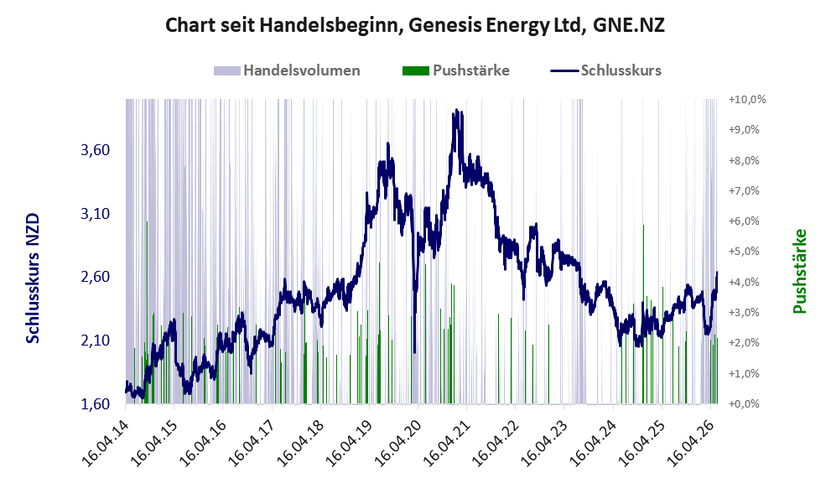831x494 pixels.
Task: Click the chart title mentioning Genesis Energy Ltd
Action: click(415, 25)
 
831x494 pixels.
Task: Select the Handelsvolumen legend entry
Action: click(287, 70)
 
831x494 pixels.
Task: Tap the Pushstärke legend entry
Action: click(456, 70)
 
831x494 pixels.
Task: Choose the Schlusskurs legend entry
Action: click(605, 70)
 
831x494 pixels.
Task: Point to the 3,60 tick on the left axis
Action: click(96, 150)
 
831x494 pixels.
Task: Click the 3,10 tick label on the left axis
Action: click(96, 214)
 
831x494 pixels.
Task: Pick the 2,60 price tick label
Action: click(96, 277)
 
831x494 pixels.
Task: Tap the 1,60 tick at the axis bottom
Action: click(96, 404)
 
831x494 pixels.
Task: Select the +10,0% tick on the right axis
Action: click(747, 99)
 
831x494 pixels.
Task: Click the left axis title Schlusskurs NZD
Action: click(33, 278)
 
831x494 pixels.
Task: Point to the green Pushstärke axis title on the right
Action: click(800, 271)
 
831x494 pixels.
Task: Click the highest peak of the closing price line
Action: click(456, 110)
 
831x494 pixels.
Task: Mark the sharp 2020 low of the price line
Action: click(414, 352)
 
